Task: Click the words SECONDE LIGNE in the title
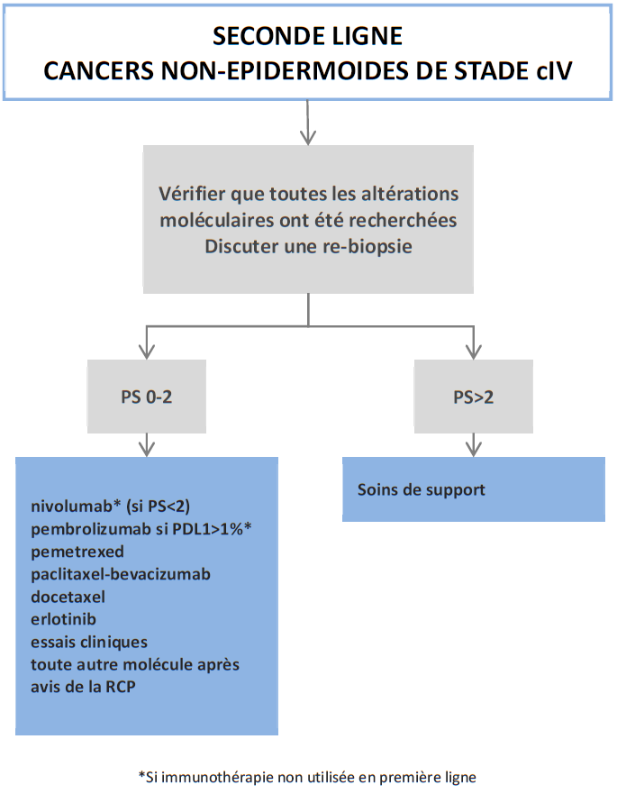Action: point(308,36)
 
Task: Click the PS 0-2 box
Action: point(147,397)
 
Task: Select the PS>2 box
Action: point(473,397)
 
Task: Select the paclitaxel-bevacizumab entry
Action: point(120,574)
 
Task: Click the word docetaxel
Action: point(68,597)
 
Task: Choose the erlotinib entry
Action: point(63,620)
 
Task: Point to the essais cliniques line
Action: point(88,643)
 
